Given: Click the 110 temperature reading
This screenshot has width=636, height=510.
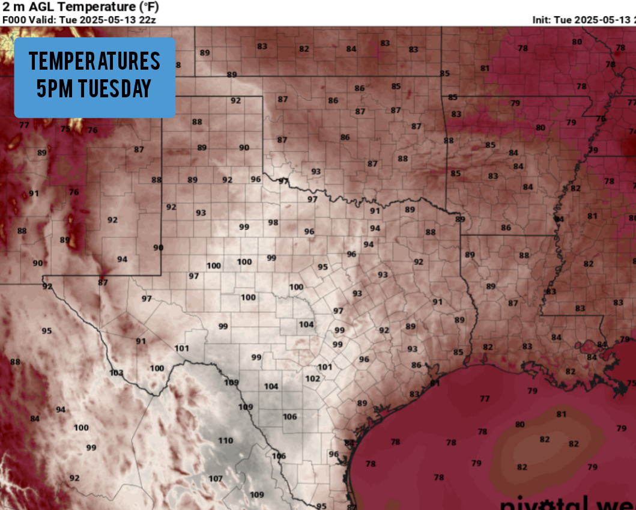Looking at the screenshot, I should tap(225, 440).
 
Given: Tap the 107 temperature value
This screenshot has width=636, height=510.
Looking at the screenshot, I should tap(216, 479).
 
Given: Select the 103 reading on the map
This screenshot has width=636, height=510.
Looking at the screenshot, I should tap(116, 373).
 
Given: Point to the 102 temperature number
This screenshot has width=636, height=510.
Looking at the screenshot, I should tap(312, 378).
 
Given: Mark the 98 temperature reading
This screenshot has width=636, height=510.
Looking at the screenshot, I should tap(273, 222).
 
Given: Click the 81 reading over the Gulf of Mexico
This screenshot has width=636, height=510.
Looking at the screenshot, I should tap(561, 414).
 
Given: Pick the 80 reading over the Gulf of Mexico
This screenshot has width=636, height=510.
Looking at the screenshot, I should tap(519, 425).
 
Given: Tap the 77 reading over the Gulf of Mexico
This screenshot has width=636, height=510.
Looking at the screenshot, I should tap(484, 398).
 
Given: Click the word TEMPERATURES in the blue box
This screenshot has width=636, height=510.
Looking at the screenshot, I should tap(94, 61).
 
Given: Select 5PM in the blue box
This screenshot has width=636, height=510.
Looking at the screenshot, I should tap(53, 89).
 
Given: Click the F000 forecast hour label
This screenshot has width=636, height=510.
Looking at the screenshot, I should tap(14, 19).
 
